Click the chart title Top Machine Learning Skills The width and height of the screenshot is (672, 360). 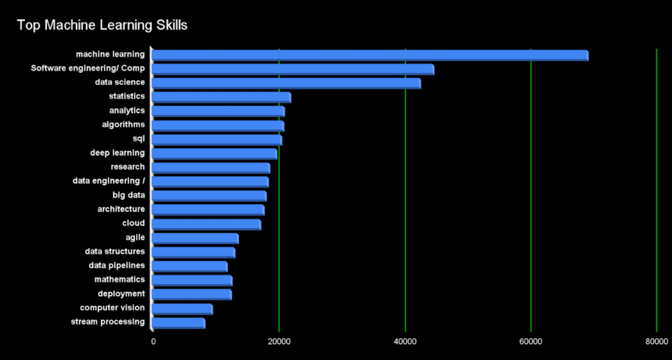102,25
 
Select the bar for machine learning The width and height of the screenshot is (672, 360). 369,55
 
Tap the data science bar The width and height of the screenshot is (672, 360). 286,83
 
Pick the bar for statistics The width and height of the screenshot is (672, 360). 221,97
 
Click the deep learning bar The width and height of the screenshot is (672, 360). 215,154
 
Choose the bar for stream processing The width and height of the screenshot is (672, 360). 179,323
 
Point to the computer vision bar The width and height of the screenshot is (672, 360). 182,309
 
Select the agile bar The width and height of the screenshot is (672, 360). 195,239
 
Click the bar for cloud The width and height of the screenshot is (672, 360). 206,224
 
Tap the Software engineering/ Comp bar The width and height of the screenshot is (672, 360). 292,69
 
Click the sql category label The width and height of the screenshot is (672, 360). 138,139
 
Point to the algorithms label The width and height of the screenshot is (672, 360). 123,125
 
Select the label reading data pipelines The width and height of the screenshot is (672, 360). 117,265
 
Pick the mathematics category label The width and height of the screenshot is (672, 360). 119,280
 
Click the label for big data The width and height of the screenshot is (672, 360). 128,195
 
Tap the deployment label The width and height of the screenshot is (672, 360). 121,294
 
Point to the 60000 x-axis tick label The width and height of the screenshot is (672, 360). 531,341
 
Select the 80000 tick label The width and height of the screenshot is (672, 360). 656,341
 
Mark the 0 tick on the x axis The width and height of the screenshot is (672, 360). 153,341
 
